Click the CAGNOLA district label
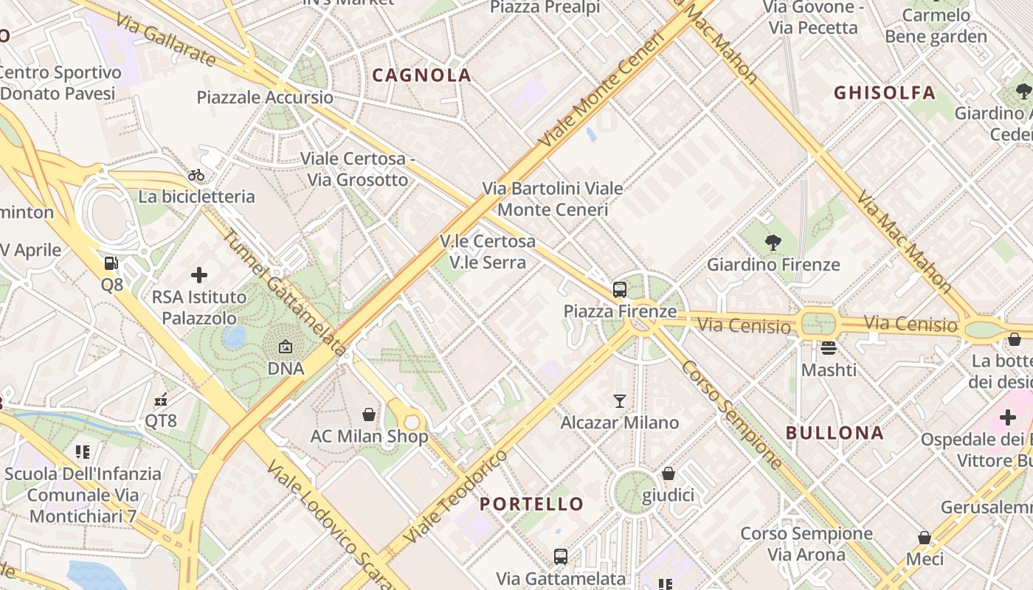[x=421, y=75]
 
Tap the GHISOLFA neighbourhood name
[x=884, y=93]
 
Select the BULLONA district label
[x=835, y=433]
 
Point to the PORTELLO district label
[x=531, y=504]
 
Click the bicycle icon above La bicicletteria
[x=196, y=175]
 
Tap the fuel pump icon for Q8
[x=111, y=263]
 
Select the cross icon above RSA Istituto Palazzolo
[x=199, y=275]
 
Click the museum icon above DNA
[x=286, y=346]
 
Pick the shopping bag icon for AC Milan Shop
[x=369, y=414]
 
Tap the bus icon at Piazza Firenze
[x=620, y=290]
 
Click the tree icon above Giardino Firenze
[x=773, y=242]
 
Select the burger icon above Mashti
[x=829, y=347]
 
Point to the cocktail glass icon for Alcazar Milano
[x=620, y=400]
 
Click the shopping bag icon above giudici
[x=668, y=473]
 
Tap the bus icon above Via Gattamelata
[x=561, y=556]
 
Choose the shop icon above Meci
[x=925, y=538]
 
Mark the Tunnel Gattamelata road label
[x=284, y=293]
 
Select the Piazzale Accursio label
[x=264, y=97]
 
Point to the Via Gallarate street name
[x=165, y=41]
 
